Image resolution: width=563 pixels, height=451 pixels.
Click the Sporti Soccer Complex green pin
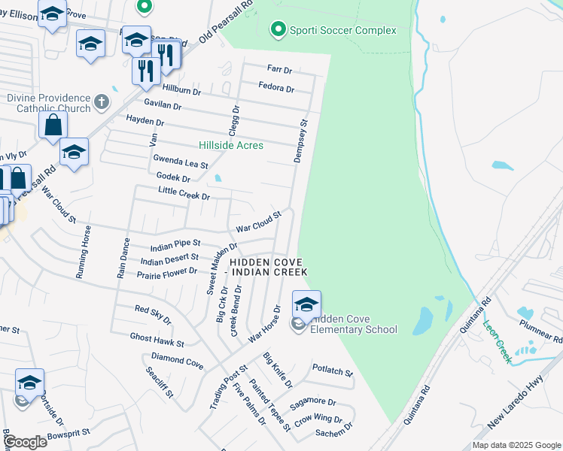pos(278,30)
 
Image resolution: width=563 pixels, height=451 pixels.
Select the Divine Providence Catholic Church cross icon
pos(102,100)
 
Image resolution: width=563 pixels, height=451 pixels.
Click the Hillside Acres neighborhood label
pos(231,145)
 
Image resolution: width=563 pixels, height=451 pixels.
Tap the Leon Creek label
pos(499,342)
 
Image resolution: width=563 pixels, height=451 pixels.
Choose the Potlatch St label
pos(332,372)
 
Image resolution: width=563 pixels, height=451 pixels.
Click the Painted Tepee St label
pos(270,405)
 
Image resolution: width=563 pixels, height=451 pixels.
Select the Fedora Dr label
pos(275,88)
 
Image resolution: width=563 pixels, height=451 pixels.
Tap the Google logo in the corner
pos(25,442)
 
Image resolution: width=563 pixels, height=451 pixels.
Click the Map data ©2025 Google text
pos(516,445)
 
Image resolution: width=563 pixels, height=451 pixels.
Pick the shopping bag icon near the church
pos(53,126)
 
